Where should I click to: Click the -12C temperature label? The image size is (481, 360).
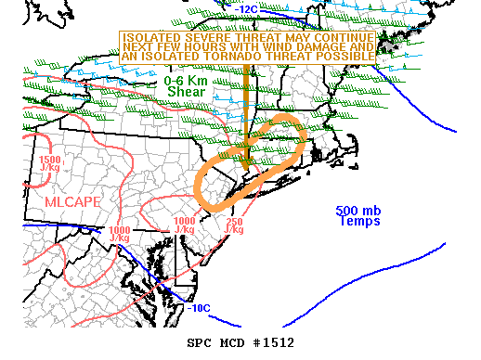pyautogui.click(x=247, y=9)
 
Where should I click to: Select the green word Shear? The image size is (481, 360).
pyautogui.click(x=186, y=92)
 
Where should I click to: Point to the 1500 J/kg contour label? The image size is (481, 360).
pyautogui.click(x=51, y=165)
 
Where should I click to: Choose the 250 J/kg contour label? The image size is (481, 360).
pyautogui.click(x=234, y=225)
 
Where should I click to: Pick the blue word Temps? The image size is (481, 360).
pyautogui.click(x=359, y=221)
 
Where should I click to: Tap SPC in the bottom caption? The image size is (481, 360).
pyautogui.click(x=201, y=342)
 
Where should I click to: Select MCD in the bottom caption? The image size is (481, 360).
pyautogui.click(x=232, y=342)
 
